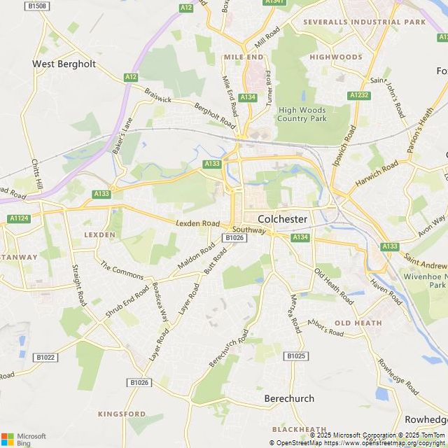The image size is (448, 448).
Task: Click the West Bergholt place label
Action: click(64, 64)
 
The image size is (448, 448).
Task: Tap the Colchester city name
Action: click(282, 219)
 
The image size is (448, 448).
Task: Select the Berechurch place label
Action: click(289, 398)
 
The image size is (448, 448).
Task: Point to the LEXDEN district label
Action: click(99, 234)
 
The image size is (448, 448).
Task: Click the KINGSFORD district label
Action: click(121, 414)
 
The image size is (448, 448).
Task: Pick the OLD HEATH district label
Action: click(358, 323)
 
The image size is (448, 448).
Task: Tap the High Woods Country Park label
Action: click(302, 114)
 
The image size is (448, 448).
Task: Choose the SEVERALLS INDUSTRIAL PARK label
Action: click(364, 22)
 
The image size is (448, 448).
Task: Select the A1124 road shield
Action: click(19, 219)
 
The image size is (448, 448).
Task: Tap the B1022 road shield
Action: click(45, 357)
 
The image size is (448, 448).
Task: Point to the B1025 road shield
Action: click(297, 356)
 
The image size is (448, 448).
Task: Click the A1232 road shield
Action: click(358, 94)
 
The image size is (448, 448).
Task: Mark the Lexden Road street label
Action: click(197, 223)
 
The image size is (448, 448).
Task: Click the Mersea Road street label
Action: click(295, 314)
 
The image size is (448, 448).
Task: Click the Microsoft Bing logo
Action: click(23, 438)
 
